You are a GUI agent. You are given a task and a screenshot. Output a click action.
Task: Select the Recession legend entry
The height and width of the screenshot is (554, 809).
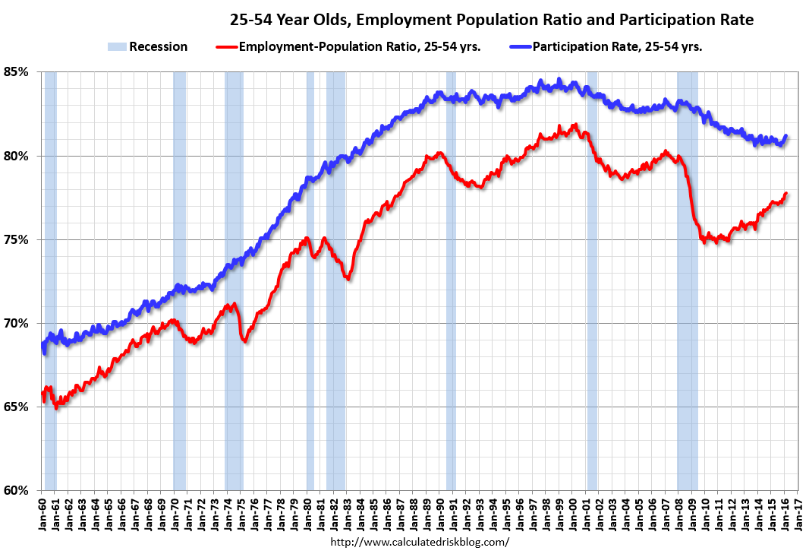148,46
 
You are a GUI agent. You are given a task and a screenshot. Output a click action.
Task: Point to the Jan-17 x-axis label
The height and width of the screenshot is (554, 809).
798,511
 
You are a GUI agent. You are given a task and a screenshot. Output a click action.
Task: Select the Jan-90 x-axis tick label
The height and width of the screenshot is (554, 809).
440,511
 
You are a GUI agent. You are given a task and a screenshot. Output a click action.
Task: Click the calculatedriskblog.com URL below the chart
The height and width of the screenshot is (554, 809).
420,542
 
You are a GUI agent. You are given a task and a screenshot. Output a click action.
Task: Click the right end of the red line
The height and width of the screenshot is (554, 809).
785,194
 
